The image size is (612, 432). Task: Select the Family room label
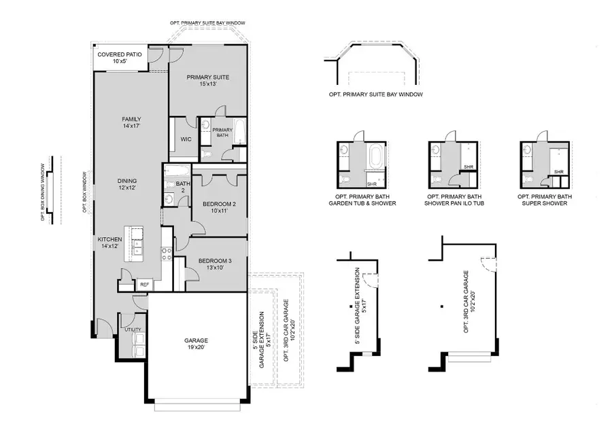(x=131, y=122)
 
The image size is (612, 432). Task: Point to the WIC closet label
(x=186, y=139)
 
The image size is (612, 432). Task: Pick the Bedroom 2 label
(x=220, y=207)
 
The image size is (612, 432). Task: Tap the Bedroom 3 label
(x=217, y=264)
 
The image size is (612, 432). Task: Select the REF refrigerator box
(x=144, y=285)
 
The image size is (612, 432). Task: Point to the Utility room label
(x=133, y=329)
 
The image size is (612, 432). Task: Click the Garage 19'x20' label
(x=195, y=344)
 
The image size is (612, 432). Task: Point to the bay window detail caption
(x=375, y=94)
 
